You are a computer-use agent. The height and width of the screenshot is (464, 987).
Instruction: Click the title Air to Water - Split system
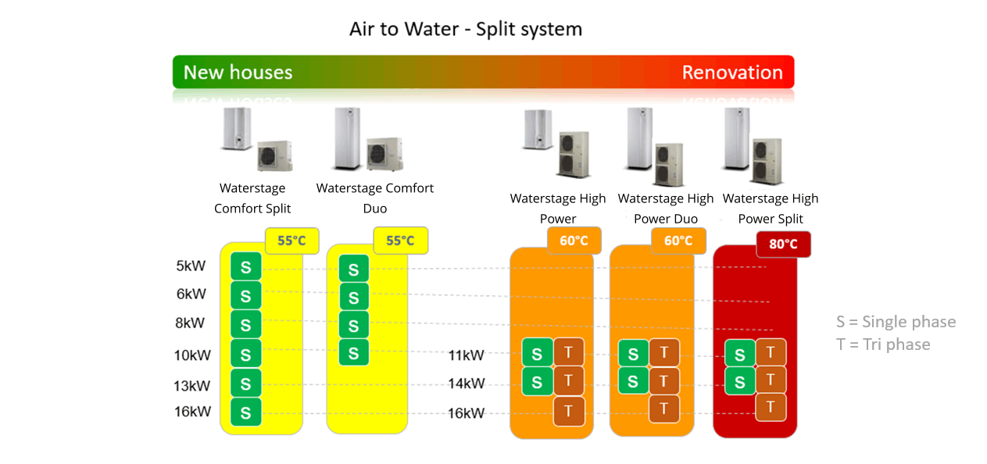465,30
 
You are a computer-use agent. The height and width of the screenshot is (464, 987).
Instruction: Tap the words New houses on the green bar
238,73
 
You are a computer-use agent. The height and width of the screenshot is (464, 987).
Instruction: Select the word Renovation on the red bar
732,73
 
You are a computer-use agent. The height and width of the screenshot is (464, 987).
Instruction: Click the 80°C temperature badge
783,244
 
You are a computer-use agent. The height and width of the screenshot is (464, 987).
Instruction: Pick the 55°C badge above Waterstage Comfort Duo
400,241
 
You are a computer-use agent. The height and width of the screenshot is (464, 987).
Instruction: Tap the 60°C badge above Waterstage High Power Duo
678,241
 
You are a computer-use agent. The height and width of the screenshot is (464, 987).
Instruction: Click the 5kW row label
191,266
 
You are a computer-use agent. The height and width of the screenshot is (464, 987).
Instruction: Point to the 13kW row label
192,385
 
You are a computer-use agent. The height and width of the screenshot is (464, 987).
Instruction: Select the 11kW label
466,355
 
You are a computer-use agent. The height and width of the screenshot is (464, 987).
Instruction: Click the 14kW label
466,384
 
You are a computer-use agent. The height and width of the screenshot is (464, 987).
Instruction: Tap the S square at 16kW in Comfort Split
245,412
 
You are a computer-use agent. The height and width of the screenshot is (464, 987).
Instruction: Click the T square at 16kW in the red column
771,406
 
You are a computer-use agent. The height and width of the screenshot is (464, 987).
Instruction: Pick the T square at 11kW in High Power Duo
664,353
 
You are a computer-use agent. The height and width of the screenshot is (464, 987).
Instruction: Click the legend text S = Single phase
896,322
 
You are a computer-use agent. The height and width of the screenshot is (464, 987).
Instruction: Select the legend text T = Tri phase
883,344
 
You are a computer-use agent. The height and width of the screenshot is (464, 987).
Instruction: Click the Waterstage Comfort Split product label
252,198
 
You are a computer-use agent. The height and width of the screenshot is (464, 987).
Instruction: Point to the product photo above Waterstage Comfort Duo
367,141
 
